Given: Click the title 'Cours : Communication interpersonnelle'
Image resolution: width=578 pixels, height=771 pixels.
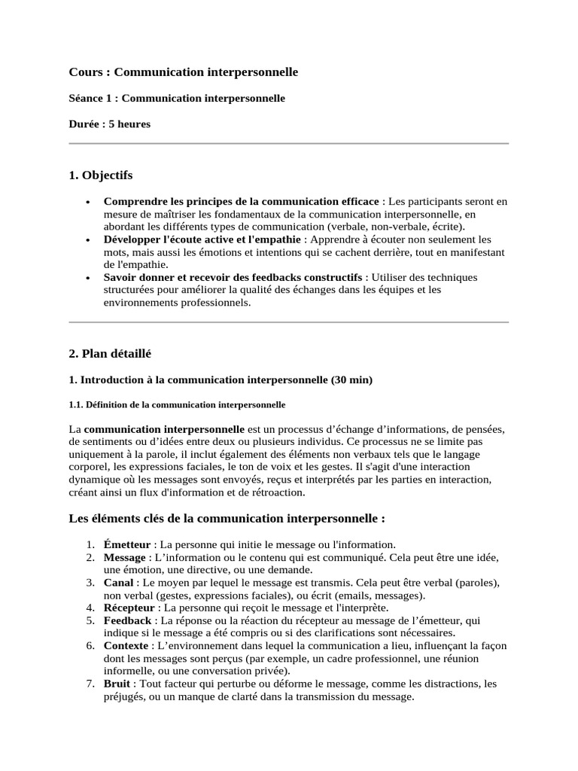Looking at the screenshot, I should [184, 72].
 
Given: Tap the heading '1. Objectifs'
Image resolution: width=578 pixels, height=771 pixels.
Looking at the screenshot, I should [101, 175].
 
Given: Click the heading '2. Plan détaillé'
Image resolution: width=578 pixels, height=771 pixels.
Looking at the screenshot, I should [110, 353].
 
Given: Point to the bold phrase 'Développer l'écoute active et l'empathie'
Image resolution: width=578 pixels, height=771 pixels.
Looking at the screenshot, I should [202, 239].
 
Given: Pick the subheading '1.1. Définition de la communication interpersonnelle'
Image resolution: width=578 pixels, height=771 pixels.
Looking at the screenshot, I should [177, 405].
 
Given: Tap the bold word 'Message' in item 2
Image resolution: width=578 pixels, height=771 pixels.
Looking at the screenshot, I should [125, 557].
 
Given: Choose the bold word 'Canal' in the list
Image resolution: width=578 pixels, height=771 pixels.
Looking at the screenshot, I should [119, 583].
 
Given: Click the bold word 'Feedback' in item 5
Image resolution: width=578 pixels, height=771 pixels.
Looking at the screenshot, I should [129, 620].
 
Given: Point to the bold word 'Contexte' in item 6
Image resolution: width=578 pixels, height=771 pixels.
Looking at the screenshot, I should [126, 646].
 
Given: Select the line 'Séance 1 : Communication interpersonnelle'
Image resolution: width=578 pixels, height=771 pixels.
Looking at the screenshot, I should [177, 99].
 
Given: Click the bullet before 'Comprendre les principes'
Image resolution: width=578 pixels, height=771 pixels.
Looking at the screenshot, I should [89, 202].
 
